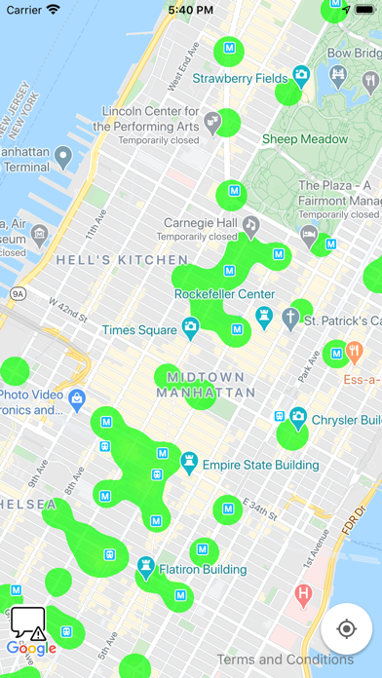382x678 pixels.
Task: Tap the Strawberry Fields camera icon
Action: point(301,74)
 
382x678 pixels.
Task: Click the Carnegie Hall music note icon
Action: point(250,226)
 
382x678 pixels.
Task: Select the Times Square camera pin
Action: point(191,326)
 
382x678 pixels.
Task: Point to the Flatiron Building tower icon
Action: point(146,565)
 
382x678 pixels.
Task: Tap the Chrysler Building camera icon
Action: point(297,416)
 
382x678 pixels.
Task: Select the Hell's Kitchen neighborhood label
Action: point(122,260)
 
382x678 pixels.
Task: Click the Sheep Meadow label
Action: point(304,139)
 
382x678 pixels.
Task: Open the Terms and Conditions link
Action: point(292,659)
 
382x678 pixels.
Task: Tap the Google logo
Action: point(31,649)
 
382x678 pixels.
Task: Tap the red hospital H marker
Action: point(303,592)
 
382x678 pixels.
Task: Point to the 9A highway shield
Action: point(18,293)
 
